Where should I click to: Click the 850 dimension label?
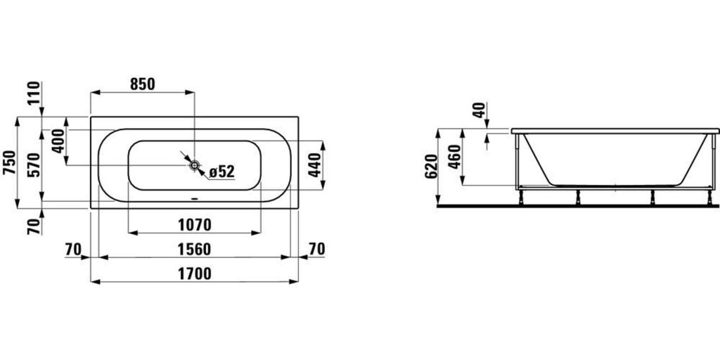(x=142, y=84)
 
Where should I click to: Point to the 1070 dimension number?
(x=195, y=225)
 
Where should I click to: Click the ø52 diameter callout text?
(x=220, y=171)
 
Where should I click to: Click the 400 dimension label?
(x=58, y=141)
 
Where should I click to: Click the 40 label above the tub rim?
(x=479, y=110)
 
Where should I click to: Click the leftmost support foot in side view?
(x=521, y=198)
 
